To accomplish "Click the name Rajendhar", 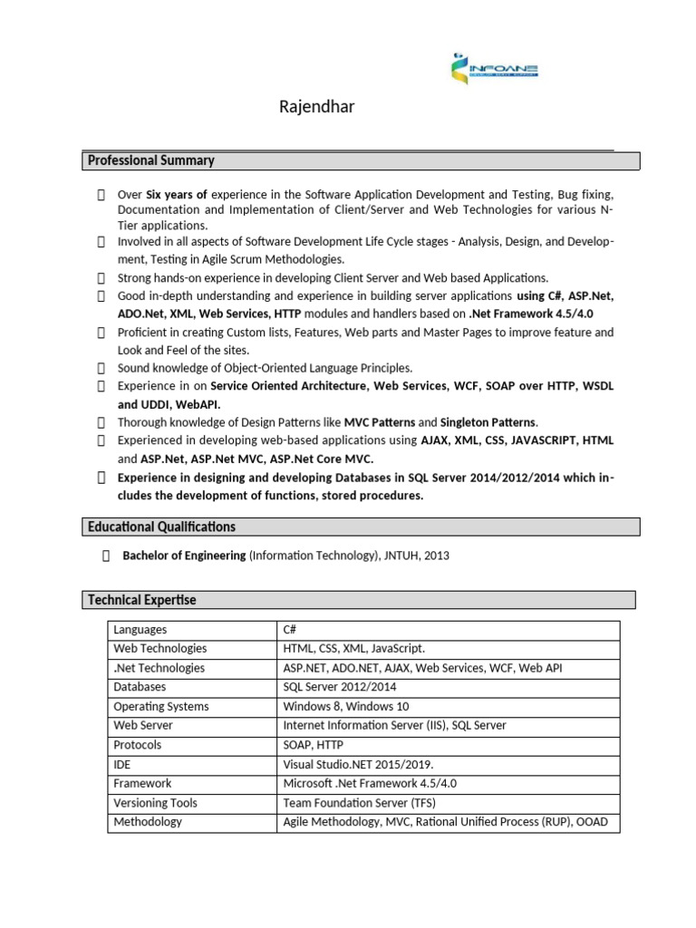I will click(x=316, y=108).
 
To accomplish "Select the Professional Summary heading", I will click(x=151, y=160).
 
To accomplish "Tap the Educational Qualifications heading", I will click(x=161, y=527).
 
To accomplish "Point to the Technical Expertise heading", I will click(x=141, y=600).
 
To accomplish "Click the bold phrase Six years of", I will click(x=178, y=194).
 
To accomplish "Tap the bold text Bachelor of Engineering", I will click(x=184, y=556).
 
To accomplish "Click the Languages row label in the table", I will click(x=140, y=630).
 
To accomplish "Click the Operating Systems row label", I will click(x=161, y=707).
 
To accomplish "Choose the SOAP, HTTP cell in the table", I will click(x=314, y=745).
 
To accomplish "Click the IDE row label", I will click(x=121, y=764).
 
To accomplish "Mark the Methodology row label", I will click(x=148, y=822).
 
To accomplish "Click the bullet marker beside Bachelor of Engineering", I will click(x=105, y=556).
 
